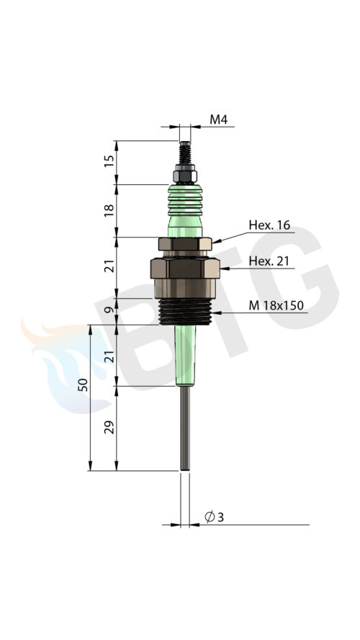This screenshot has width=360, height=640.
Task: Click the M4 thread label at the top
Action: coord(219,120)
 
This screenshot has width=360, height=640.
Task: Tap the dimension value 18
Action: coord(109,210)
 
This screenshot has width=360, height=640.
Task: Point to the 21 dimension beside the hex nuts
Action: coord(109,266)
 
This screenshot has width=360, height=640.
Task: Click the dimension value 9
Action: coord(109,310)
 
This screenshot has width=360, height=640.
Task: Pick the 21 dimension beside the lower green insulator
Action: coord(109,355)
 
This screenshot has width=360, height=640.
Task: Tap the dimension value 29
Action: coord(109,428)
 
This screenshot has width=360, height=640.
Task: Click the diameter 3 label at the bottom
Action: coord(214,517)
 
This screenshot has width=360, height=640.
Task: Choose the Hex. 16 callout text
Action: coord(269,225)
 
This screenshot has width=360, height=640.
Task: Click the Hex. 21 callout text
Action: coord(269,261)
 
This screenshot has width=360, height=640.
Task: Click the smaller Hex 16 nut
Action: coord(184,245)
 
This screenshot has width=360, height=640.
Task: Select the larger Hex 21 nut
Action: coord(184,270)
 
